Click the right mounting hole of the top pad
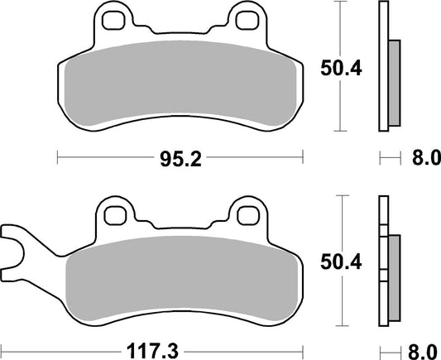click(246, 17)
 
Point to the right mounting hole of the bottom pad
click(246, 215)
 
